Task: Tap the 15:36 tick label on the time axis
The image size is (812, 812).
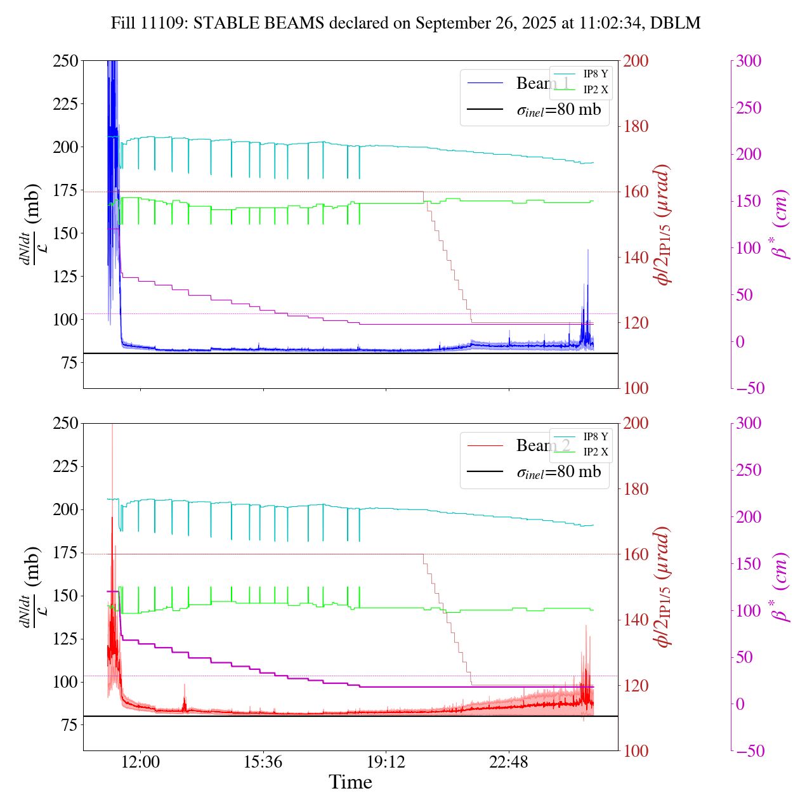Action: [x=263, y=761]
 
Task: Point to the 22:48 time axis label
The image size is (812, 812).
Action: [x=509, y=761]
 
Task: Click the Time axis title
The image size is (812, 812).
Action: [x=350, y=782]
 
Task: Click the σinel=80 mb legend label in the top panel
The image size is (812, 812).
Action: [x=558, y=110]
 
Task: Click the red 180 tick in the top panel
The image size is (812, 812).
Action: [x=636, y=127]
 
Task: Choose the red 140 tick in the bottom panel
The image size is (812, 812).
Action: [x=636, y=620]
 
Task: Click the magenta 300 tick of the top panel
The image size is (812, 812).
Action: [x=749, y=62]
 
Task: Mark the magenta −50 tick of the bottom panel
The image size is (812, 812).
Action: [x=749, y=751]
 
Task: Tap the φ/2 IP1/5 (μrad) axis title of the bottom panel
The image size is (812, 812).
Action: [x=664, y=587]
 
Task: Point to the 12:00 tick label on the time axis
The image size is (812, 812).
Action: [x=140, y=761]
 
